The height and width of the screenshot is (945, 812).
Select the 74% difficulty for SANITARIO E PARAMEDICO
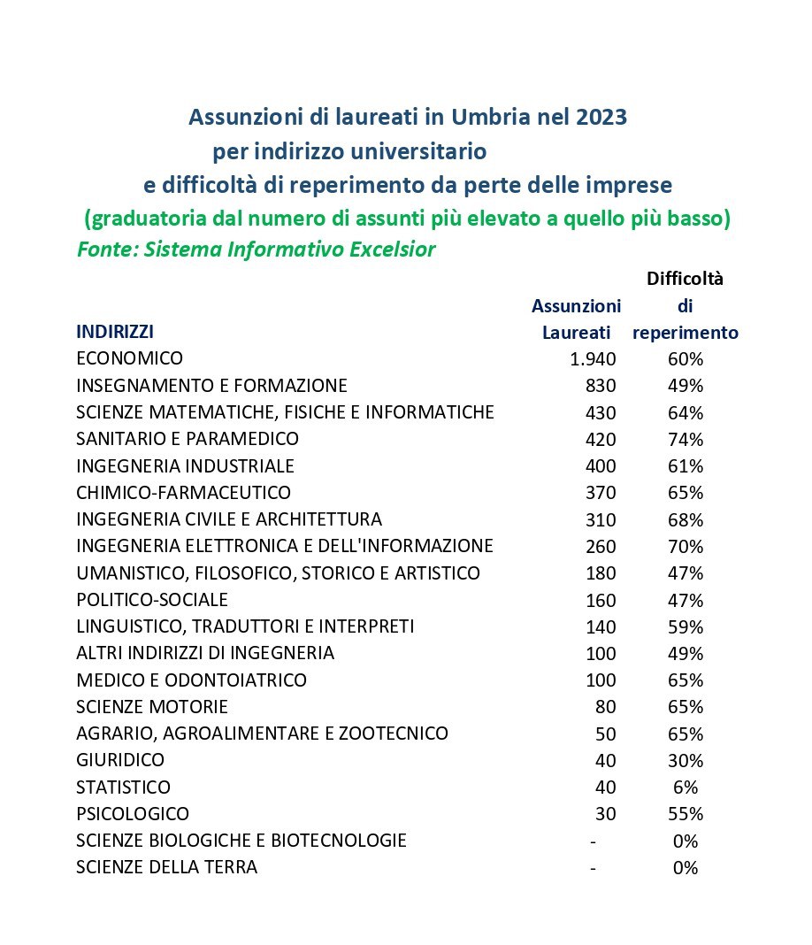pos(686,440)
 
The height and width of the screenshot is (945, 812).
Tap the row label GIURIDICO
pos(120,760)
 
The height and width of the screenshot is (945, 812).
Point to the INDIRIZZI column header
pos(115,332)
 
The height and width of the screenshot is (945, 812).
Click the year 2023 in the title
pos(601,117)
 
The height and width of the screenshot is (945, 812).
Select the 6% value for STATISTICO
pos(686,787)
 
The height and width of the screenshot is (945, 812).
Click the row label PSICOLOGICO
pos(133,813)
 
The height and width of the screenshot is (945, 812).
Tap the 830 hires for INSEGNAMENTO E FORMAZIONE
pos(601,386)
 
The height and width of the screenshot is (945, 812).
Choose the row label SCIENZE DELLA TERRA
pos(167,867)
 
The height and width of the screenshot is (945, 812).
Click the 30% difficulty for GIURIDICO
pos(686,761)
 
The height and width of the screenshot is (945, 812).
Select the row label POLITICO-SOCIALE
pos(152,600)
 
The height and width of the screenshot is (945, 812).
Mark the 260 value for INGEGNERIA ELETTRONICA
pos(601,547)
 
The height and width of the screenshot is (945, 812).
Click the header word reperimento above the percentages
pos(686,334)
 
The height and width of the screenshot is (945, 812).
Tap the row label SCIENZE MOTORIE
pos(152,707)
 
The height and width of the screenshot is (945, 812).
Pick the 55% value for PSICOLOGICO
pos(686,814)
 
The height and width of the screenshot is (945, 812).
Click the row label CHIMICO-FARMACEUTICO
pos(183,492)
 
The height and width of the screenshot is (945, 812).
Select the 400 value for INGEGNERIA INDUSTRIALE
pos(601,466)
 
